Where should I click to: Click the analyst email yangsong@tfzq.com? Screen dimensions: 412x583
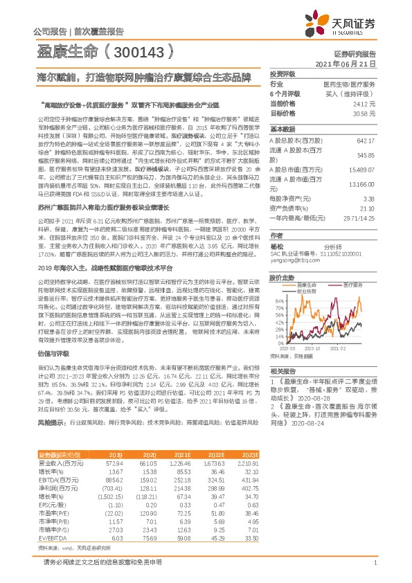[292, 262]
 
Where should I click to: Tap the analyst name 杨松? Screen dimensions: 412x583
[276, 245]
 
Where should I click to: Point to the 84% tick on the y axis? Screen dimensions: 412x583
[279, 301]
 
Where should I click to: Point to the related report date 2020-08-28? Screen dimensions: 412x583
[307, 400]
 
